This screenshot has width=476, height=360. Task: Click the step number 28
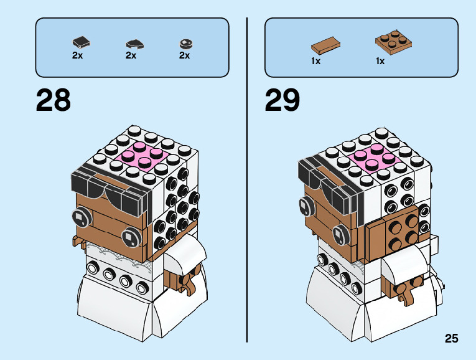tap(54, 100)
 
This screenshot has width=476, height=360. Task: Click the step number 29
tap(282, 100)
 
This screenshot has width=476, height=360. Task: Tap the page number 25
tap(451, 339)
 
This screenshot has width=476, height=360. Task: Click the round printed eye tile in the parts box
tap(185, 44)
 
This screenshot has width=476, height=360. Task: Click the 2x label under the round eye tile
tap(184, 55)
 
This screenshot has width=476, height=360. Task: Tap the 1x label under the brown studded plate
tap(380, 61)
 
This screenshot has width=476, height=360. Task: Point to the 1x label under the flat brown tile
tap(316, 61)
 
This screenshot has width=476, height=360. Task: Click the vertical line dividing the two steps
tap(247, 181)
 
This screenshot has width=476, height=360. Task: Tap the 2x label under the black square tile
tap(77, 55)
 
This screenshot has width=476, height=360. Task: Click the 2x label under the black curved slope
tap(131, 55)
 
